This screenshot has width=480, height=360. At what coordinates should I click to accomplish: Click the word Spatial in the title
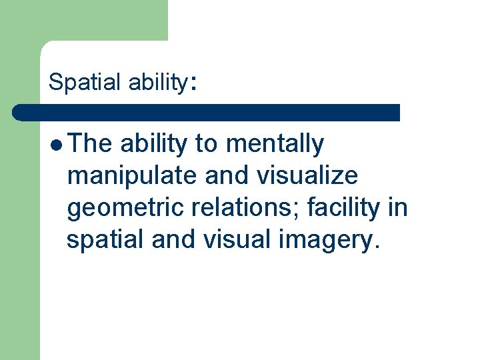tap(75, 82)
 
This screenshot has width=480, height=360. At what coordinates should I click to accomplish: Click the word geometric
tap(125, 209)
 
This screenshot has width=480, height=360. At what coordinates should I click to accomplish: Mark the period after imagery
tap(377, 247)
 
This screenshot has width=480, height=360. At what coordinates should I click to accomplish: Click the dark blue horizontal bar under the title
tap(207, 112)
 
